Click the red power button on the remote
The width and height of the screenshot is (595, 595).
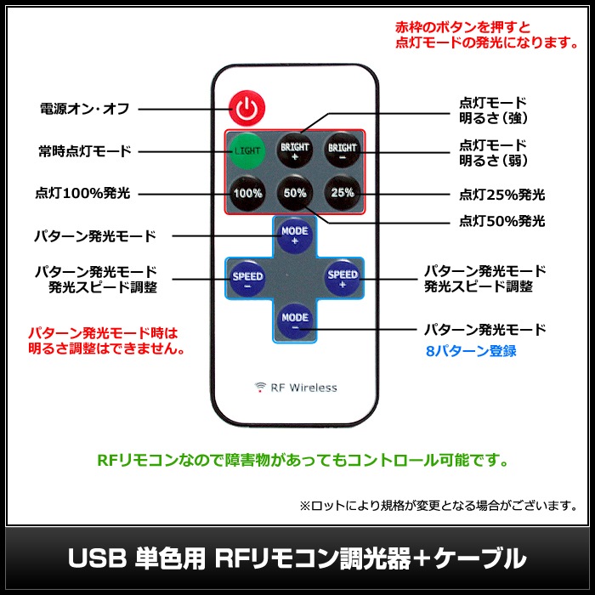[x=246, y=108]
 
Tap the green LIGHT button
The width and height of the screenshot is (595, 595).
[x=247, y=152]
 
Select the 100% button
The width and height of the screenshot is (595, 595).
[x=247, y=193]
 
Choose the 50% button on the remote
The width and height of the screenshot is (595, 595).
[x=295, y=193]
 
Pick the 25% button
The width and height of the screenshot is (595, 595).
[x=343, y=193]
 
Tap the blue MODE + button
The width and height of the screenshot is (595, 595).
[x=295, y=234]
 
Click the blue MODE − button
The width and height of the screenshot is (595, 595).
[x=295, y=319]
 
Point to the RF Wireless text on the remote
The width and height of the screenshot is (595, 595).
[x=303, y=388]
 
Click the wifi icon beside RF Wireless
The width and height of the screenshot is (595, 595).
[x=261, y=388]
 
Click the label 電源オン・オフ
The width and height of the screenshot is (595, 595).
[x=83, y=109]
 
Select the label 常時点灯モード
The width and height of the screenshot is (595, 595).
[x=83, y=151]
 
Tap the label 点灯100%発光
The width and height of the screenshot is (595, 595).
[x=83, y=193]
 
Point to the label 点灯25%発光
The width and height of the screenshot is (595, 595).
[x=501, y=195]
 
